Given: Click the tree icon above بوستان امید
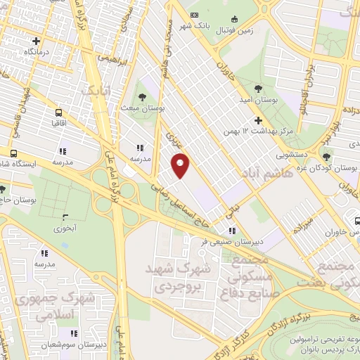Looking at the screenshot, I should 258,89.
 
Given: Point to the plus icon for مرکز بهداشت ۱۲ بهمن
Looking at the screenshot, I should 258,120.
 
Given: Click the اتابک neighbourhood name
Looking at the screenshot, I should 96,91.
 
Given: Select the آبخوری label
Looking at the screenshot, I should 66,228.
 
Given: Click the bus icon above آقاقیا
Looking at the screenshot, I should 58,112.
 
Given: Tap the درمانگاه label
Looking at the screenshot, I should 39,52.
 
